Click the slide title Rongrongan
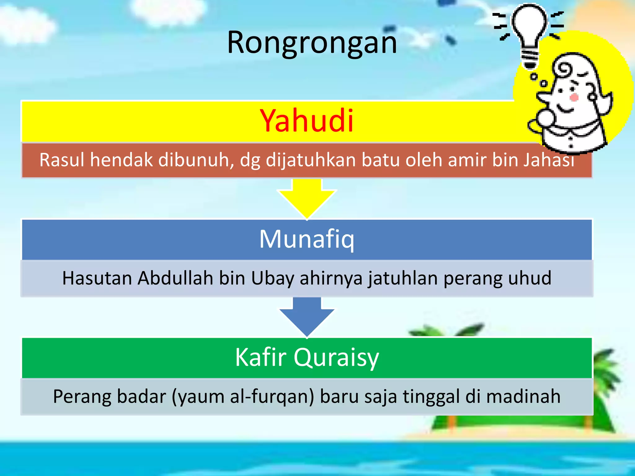[312, 42]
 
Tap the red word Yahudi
[307, 121]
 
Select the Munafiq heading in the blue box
[307, 239]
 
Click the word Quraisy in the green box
[336, 357]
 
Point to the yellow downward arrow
[307, 198]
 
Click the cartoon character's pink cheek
[574, 97]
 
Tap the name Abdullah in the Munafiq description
[175, 278]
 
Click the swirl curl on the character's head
[564, 69]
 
